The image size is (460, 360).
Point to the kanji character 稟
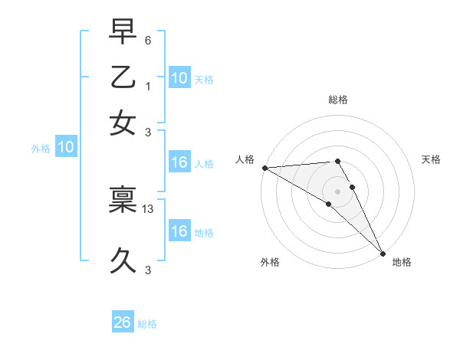pyautogui.click(x=123, y=200)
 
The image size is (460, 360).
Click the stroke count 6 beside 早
pyautogui.click(x=148, y=39)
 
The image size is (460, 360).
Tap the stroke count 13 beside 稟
pyautogui.click(x=148, y=208)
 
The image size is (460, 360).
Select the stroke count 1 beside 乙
pyautogui.click(x=148, y=86)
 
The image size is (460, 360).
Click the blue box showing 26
pyautogui.click(x=123, y=322)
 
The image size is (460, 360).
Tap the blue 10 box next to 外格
pyautogui.click(x=66, y=147)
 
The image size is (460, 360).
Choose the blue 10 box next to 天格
pyautogui.click(x=179, y=77)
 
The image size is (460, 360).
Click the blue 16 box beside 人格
pyautogui.click(x=179, y=162)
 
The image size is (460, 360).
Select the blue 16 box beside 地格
pyautogui.click(x=179, y=231)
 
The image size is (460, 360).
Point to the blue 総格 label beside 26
pyautogui.click(x=148, y=324)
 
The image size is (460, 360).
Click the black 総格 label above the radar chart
pyautogui.click(x=338, y=100)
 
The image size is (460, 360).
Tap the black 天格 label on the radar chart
pyautogui.click(x=432, y=159)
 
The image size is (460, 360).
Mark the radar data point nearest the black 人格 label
pyautogui.click(x=264, y=168)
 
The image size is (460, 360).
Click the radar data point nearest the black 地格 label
pyautogui.click(x=382, y=252)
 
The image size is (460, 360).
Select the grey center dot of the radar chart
pyautogui.click(x=338, y=190)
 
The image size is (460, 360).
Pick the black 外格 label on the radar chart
pyautogui.click(x=269, y=262)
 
